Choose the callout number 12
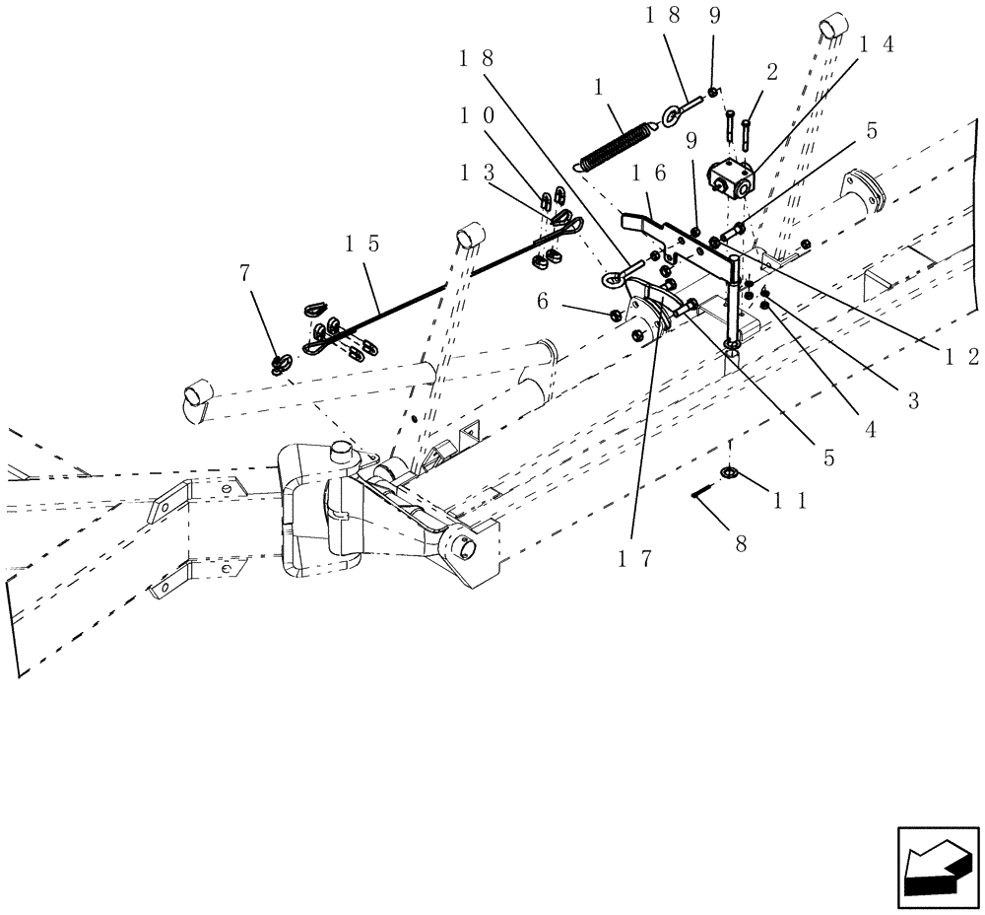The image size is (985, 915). coord(958,357)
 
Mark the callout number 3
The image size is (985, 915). coord(913,399)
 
